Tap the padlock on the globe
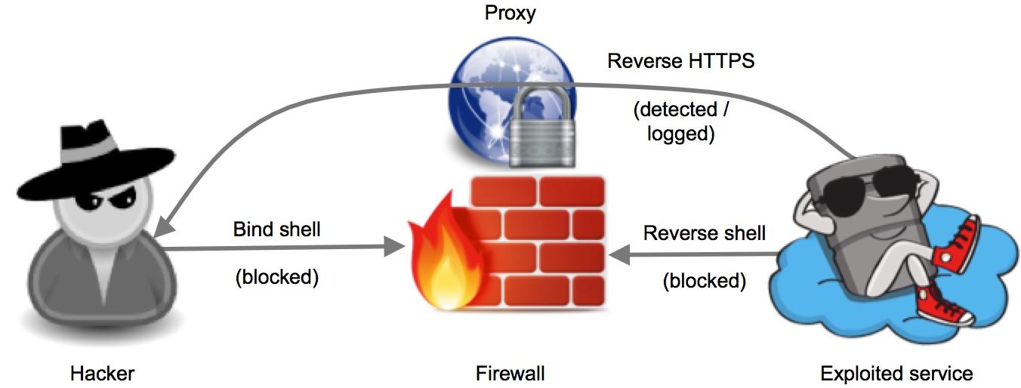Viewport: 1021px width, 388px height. [538, 128]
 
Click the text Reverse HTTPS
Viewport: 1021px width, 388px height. [680, 60]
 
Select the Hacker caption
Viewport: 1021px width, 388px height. [102, 373]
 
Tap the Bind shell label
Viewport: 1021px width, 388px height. [276, 229]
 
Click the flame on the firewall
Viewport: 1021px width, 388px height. [438, 257]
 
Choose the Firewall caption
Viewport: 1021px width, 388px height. [510, 373]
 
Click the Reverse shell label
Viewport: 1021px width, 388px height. [704, 232]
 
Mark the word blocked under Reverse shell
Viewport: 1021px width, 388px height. [704, 282]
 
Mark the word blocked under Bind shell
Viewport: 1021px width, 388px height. [276, 277]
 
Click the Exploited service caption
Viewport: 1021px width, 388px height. [896, 373]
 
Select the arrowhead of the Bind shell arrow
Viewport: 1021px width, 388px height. [394, 246]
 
